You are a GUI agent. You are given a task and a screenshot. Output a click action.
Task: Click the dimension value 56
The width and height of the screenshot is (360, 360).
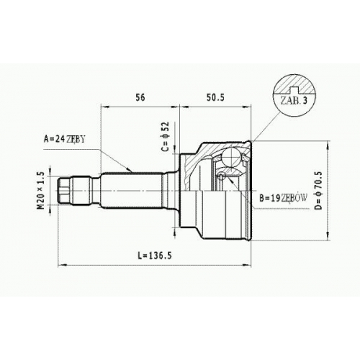140,97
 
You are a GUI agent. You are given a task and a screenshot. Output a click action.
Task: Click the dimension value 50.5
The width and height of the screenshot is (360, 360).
215,97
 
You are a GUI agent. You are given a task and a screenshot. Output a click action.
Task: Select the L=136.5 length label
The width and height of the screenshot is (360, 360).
155,256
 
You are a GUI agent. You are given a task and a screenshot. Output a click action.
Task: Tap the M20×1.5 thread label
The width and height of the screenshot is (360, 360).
41,190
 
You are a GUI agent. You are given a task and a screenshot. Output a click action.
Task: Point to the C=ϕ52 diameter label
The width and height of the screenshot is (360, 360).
166,137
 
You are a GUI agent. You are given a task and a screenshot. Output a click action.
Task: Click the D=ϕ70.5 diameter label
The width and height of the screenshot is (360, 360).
318,190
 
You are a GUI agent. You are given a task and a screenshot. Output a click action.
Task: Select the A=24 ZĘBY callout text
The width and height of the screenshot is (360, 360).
64,139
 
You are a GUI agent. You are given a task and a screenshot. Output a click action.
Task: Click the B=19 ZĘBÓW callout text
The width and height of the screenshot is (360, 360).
283,198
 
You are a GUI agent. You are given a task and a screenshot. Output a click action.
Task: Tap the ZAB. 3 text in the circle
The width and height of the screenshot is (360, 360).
294,101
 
